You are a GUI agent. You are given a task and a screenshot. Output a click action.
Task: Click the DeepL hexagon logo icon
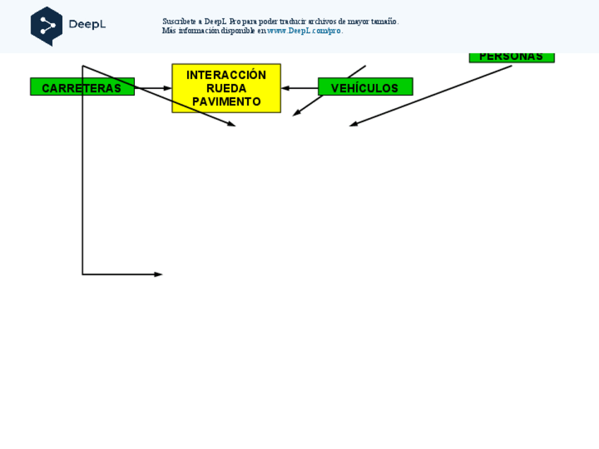(47, 26)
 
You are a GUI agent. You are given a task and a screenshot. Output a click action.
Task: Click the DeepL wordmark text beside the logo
(87, 25)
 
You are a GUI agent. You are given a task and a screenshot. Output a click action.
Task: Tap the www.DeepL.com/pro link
(304, 31)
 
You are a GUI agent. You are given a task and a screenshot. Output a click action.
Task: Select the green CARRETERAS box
(82, 88)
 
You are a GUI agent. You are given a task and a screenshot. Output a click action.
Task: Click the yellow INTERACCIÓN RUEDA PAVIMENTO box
(226, 88)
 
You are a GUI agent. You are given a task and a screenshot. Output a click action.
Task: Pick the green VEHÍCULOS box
(365, 88)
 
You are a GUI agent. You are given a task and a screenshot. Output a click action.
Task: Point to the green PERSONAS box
(511, 57)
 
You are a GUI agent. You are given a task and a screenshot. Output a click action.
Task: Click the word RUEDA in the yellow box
(226, 88)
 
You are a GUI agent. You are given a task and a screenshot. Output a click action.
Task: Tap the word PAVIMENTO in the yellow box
(226, 102)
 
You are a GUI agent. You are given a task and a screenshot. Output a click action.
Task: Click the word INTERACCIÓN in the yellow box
(226, 75)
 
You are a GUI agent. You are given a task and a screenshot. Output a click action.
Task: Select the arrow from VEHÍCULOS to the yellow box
(300, 88)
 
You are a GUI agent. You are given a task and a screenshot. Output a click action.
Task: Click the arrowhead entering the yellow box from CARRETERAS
(167, 88)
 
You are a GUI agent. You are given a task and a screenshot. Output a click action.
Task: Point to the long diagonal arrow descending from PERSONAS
(431, 96)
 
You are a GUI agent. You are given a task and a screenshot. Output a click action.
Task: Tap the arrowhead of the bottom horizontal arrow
(159, 274)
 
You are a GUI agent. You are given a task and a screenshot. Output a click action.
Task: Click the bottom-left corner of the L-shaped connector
(83, 274)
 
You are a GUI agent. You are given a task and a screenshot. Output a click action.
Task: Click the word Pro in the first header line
(235, 22)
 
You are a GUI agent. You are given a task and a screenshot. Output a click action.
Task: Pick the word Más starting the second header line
(169, 31)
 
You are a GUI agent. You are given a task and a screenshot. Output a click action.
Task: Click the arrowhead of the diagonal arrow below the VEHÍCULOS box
(296, 113)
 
